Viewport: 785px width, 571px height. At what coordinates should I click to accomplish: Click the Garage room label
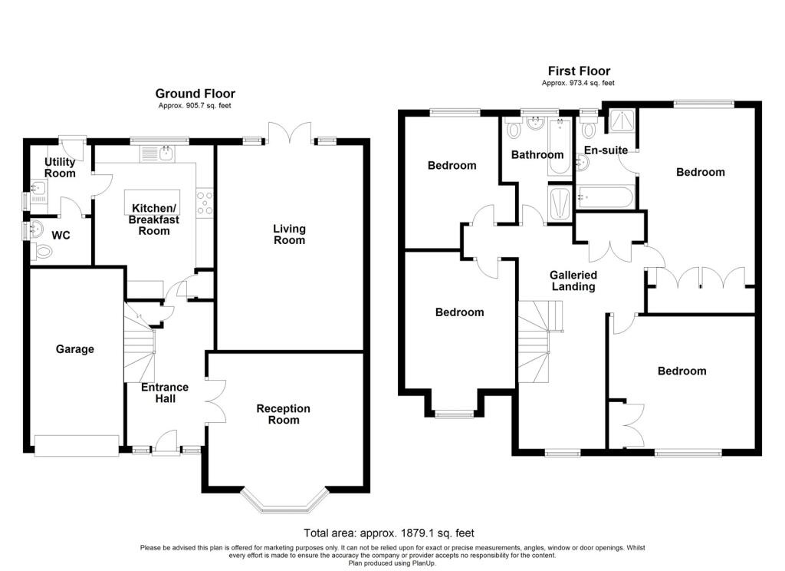(x=75, y=349)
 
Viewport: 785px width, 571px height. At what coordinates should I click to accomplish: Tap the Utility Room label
(x=60, y=167)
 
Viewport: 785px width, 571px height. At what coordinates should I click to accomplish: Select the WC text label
(x=61, y=235)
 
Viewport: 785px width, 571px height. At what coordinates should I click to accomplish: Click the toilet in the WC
(x=43, y=250)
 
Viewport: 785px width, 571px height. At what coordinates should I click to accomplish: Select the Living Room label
(x=290, y=234)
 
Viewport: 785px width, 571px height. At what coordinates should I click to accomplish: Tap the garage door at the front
(x=76, y=446)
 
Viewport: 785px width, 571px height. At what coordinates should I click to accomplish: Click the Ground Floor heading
(x=195, y=94)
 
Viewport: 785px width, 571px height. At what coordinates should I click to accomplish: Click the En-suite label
(x=606, y=150)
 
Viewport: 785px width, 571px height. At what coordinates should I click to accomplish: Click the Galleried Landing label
(x=573, y=280)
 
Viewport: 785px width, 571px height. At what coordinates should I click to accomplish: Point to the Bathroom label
(x=537, y=154)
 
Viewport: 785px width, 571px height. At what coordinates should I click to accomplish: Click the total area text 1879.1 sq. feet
(x=394, y=533)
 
